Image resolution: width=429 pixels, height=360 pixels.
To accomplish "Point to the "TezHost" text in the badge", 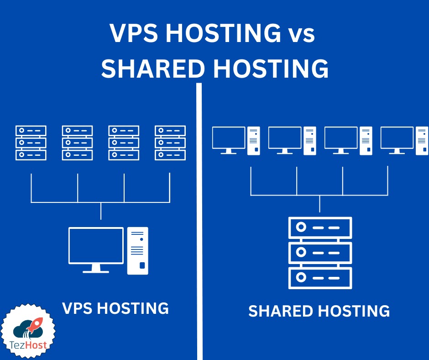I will click(29, 345).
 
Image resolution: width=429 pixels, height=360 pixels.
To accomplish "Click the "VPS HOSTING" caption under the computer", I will click(115, 308).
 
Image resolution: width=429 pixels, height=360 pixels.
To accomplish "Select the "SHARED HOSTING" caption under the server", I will click(319, 311).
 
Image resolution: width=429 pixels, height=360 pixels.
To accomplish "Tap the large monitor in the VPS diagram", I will click(96, 246).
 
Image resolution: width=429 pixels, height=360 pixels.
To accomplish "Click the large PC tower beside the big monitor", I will click(138, 250).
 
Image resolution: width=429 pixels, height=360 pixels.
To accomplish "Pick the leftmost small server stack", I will click(31, 143).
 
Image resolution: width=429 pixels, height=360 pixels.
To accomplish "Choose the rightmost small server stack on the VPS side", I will click(170, 143).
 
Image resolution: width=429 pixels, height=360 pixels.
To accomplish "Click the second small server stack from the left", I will click(78, 143).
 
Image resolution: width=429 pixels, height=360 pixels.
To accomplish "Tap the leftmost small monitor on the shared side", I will click(229, 138).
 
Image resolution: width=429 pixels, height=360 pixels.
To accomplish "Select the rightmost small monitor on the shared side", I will click(397, 138).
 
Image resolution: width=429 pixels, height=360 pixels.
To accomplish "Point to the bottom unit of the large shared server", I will click(320, 277).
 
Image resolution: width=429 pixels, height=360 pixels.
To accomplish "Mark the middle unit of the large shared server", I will click(320, 252).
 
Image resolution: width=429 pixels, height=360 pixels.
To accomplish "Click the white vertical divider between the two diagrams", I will click(199, 219).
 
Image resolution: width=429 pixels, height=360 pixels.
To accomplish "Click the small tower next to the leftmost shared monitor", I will click(254, 140).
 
